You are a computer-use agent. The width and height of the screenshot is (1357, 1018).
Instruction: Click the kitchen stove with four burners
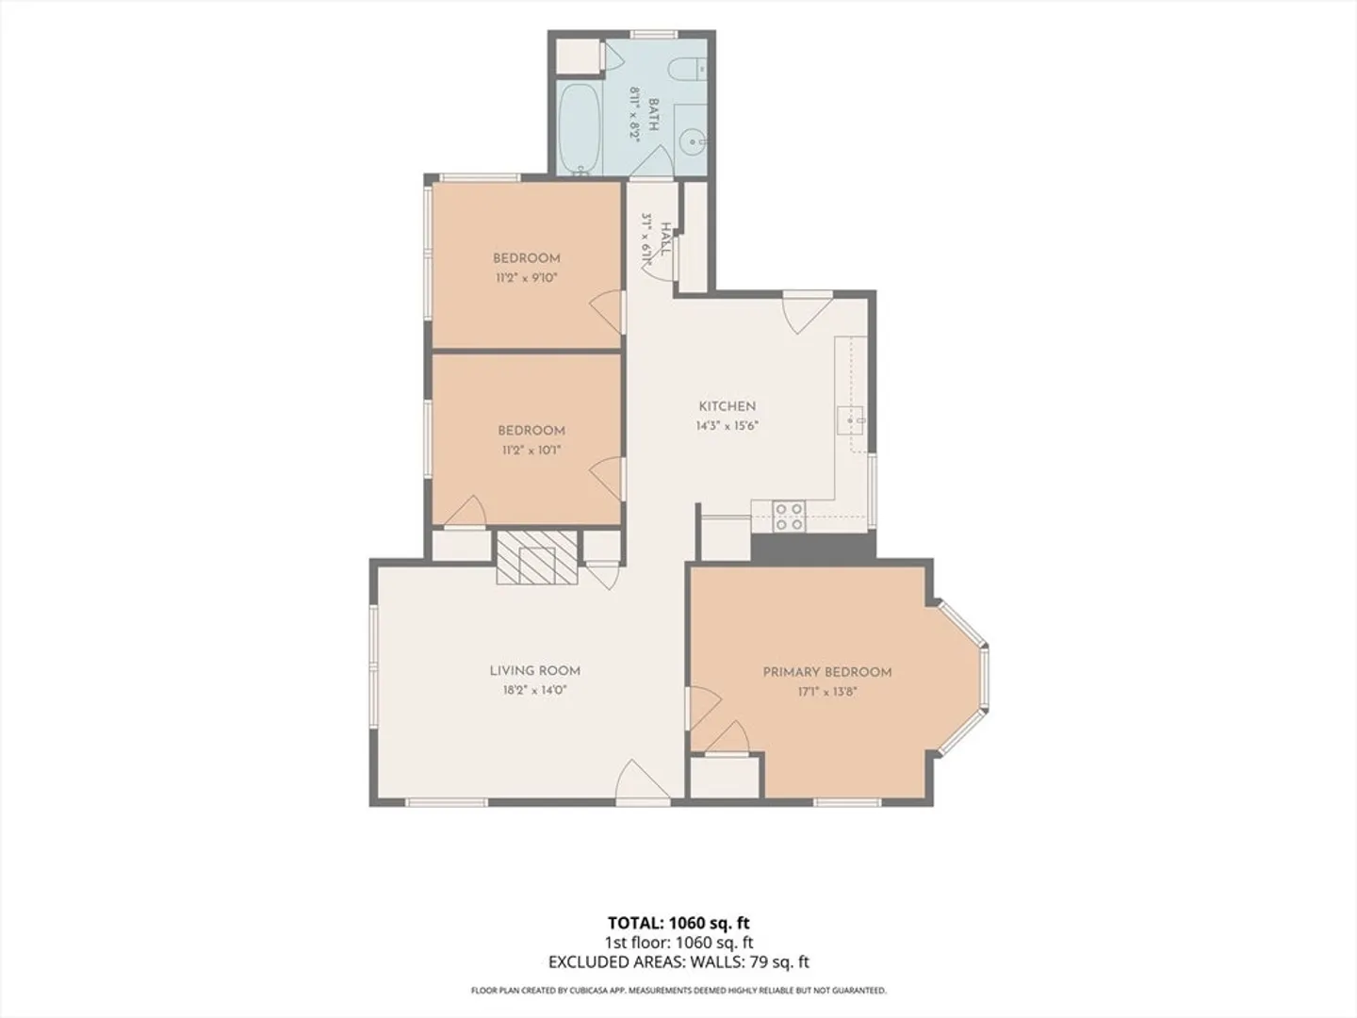point(790,517)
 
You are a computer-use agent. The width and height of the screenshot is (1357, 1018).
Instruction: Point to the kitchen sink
point(851,421)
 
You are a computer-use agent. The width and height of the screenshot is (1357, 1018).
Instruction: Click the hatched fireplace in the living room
point(536,557)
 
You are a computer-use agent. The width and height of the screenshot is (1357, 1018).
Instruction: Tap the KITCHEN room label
point(727,406)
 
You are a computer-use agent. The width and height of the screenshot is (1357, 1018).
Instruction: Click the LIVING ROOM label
point(534,670)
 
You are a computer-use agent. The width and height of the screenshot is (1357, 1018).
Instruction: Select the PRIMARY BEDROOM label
point(827,672)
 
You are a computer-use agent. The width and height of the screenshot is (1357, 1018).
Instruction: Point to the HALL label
point(665,239)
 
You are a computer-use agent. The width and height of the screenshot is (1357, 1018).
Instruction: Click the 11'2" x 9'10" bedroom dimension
point(527,278)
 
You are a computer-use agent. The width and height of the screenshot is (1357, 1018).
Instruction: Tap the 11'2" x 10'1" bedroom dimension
point(531,451)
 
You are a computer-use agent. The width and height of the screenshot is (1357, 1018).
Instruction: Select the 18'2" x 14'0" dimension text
point(534,690)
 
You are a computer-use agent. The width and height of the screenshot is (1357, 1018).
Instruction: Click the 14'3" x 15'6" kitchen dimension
point(727,426)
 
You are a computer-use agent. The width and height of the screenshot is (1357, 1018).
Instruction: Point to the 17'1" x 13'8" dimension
point(826,692)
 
